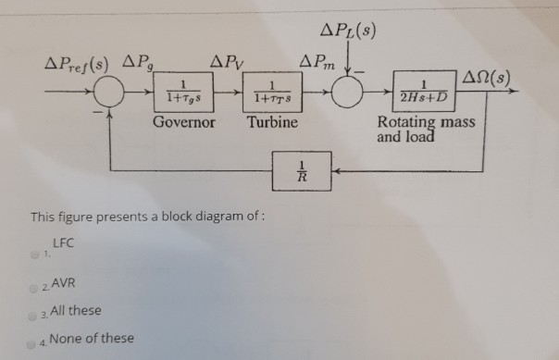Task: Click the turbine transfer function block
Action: point(274,94)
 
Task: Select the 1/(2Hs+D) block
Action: point(422,93)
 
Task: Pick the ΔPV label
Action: point(227,65)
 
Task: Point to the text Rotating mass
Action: point(426,122)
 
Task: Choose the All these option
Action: point(76,310)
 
